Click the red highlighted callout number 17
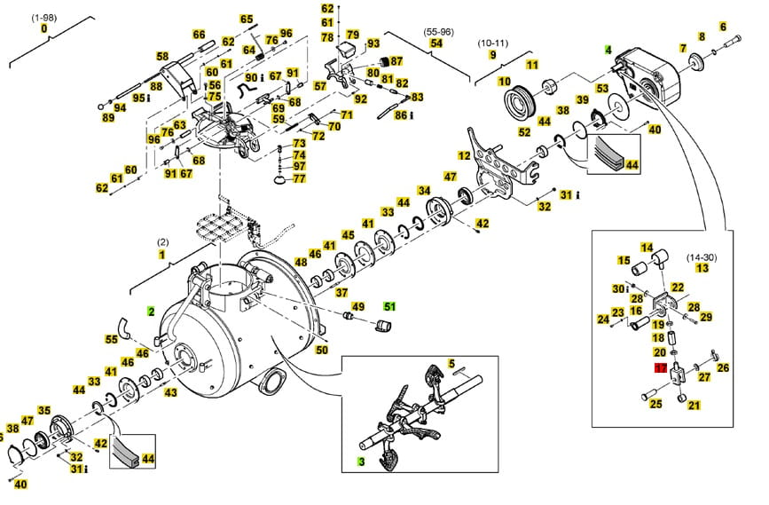pyautogui.click(x=661, y=367)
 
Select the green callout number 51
pyautogui.click(x=389, y=306)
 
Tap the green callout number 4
pyautogui.click(x=608, y=50)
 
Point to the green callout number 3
pyautogui.click(x=362, y=462)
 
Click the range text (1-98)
pyautogui.click(x=43, y=18)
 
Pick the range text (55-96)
pyautogui.click(x=437, y=31)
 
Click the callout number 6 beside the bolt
pyautogui.click(x=723, y=28)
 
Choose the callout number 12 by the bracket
pyautogui.click(x=463, y=155)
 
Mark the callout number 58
pyautogui.click(x=162, y=57)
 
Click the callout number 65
pyautogui.click(x=246, y=19)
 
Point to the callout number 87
pyautogui.click(x=396, y=61)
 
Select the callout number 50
pyautogui.click(x=322, y=350)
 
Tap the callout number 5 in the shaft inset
pyautogui.click(x=451, y=364)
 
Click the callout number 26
pyautogui.click(x=723, y=367)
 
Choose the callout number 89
pyautogui.click(x=108, y=117)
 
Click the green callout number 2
pyautogui.click(x=151, y=312)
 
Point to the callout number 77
pyautogui.click(x=300, y=178)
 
